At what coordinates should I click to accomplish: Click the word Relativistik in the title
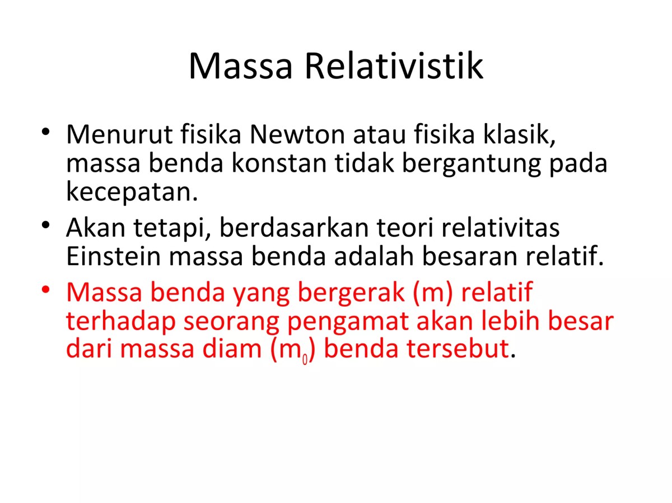click(394, 66)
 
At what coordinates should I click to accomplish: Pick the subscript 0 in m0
click(305, 359)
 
